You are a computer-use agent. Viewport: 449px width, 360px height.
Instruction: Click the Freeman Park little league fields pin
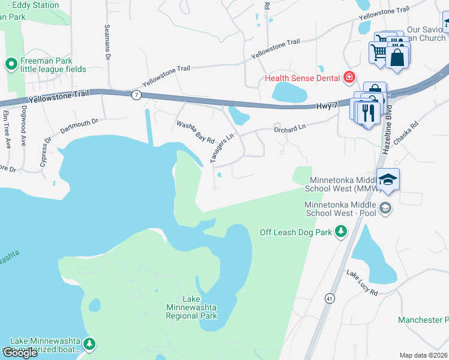11,64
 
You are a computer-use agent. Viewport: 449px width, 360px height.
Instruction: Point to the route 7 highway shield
136,95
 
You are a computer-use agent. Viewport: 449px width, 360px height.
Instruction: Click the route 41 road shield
330,298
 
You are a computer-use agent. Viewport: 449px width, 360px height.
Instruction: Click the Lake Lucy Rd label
361,283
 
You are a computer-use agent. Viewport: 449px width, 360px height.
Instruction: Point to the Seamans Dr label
108,41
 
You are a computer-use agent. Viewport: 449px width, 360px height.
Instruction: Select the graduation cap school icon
388,179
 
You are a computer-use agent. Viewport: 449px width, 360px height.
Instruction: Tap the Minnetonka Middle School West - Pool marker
385,208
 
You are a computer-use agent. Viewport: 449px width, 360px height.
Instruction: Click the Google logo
20,353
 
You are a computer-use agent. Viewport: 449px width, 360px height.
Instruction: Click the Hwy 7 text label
328,106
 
